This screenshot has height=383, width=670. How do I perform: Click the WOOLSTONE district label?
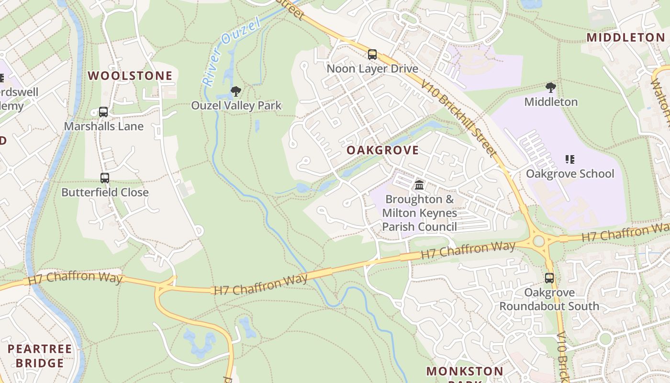130,76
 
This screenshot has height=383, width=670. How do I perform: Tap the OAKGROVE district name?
382,150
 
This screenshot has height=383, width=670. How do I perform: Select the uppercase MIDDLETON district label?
625,37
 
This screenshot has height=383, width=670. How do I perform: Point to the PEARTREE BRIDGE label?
40,356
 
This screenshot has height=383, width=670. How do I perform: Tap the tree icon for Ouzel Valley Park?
235,91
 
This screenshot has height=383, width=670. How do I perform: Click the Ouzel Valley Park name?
236,105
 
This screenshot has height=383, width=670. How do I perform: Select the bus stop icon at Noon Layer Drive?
372,55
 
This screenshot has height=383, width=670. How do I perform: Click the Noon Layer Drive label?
372,68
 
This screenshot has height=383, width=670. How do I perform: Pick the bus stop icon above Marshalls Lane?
103,112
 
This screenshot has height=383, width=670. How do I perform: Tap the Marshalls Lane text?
104,126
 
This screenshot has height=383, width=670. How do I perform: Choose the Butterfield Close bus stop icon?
105,178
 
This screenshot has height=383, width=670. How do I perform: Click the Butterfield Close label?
105,192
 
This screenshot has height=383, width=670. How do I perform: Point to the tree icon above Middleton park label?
551,88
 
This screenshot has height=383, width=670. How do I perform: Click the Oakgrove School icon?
569,159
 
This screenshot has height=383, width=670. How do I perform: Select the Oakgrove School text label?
570,173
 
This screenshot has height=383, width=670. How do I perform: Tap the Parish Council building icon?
419,185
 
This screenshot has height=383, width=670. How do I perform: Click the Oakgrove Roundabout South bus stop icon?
549,278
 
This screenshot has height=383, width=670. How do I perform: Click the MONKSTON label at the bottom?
465,371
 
